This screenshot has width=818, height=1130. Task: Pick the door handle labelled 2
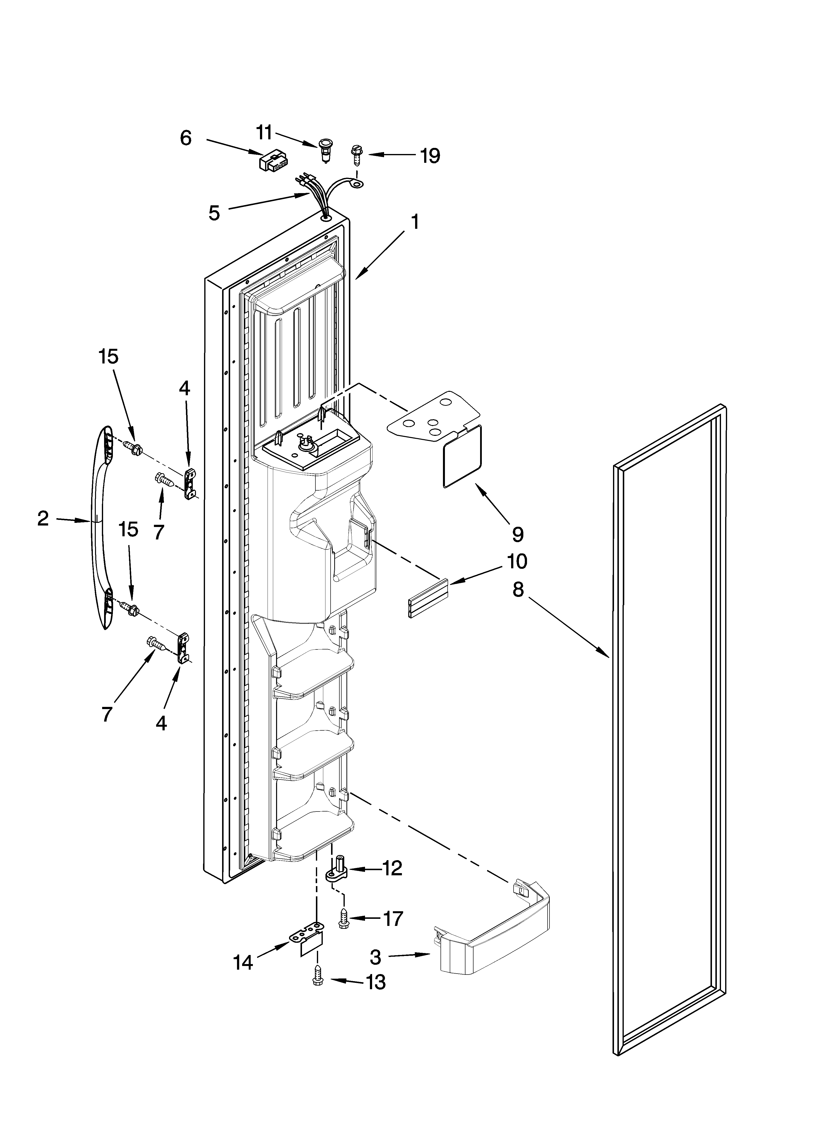tap(100, 528)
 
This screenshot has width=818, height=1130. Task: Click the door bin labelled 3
tap(493, 947)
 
